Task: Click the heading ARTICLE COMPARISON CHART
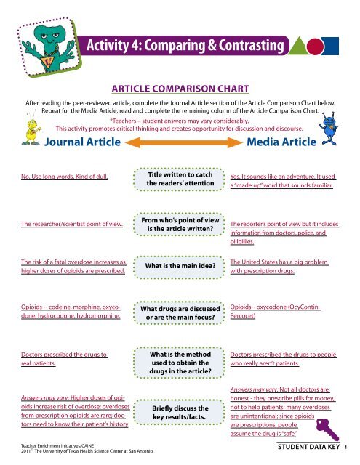coord(179,89)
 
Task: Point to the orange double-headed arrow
coord(180,142)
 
